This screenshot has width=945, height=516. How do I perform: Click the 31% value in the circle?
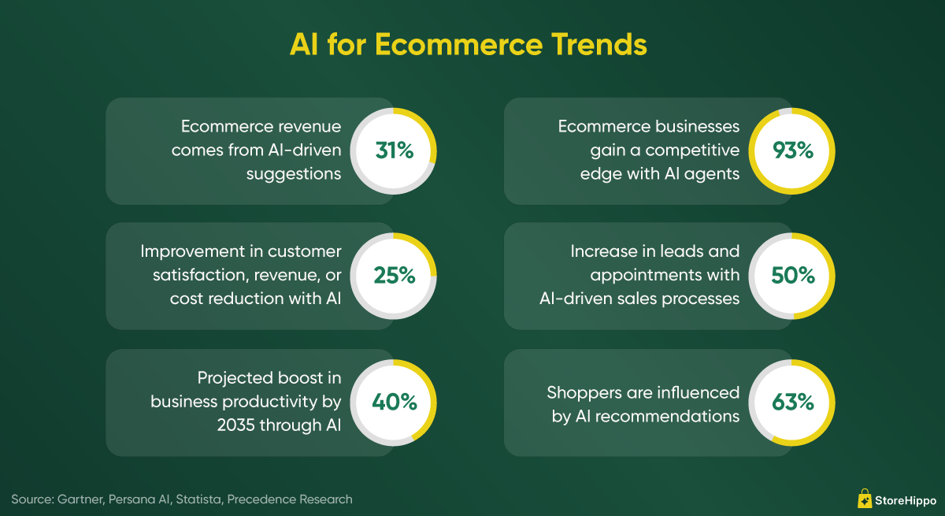coord(395,150)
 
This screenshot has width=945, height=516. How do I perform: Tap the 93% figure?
coord(793,150)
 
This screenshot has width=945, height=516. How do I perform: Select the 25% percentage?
coord(395,275)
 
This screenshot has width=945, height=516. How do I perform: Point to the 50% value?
coord(793,275)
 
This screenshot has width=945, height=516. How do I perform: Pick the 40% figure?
coord(395,402)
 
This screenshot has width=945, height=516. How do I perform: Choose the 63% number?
coord(793,402)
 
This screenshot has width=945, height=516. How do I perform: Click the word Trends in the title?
coord(599,44)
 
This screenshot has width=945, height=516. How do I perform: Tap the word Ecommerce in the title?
coord(458,44)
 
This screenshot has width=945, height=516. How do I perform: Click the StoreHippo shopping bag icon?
coord(865,499)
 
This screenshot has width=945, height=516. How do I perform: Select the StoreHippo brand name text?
coord(906,500)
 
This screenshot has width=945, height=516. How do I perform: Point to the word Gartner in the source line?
coord(80,499)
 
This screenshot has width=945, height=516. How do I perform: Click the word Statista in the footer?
coord(199,499)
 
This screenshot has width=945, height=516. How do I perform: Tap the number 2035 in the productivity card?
coord(235,425)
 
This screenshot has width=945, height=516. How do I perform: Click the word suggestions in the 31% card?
coord(294,174)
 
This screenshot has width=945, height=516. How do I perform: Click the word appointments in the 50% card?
coord(637,276)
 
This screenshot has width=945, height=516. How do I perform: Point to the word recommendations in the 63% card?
coord(668,417)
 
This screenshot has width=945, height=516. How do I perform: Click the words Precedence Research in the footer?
coord(290,499)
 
